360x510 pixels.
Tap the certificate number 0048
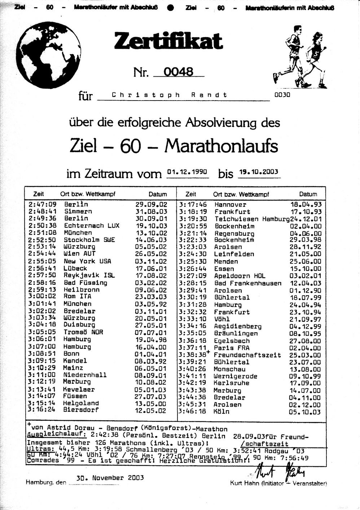click(x=179, y=71)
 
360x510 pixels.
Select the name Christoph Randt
click(x=170, y=95)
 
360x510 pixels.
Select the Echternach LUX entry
click(x=92, y=226)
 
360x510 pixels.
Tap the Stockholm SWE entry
click(x=89, y=240)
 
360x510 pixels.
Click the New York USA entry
click(x=88, y=261)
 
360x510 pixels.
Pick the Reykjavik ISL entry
click(x=89, y=275)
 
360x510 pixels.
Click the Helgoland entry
click(x=81, y=403)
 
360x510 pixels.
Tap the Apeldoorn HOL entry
click(x=240, y=276)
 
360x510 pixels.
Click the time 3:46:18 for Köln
click(x=192, y=412)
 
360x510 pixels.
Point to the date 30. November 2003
click(x=110, y=478)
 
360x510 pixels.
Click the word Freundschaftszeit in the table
click(x=247, y=355)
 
